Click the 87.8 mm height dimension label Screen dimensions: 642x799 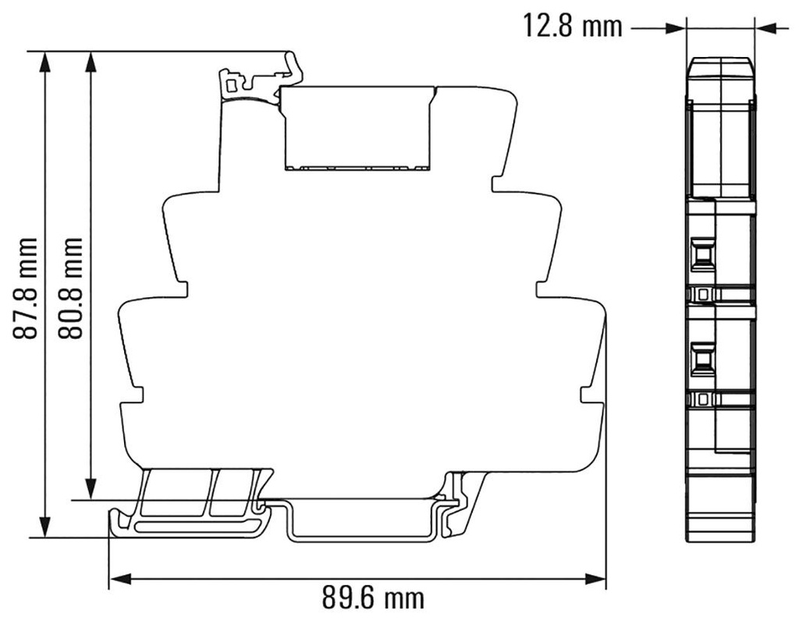point(29,289)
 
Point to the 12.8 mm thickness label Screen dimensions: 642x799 point(573,27)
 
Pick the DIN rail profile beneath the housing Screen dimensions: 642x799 point(363,523)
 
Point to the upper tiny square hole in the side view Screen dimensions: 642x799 point(702,294)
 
